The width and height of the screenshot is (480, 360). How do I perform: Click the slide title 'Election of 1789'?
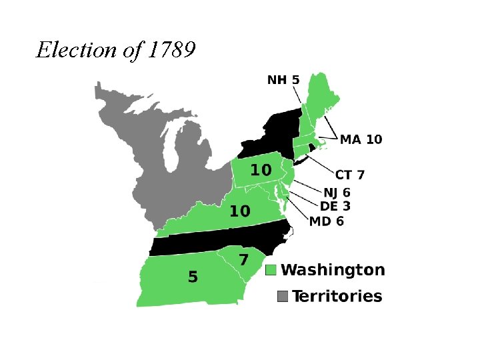point(115,50)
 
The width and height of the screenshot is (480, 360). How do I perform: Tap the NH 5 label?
point(283,80)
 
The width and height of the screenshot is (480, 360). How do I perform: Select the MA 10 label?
point(361,139)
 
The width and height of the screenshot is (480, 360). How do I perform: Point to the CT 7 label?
point(350,175)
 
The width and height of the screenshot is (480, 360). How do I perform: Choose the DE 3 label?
point(335,207)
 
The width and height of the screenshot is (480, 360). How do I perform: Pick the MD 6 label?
point(327,221)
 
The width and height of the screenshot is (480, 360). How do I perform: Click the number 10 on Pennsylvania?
point(261,171)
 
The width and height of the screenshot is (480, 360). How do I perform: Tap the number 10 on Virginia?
point(240,211)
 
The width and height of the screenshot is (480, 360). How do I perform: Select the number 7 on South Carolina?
point(244,259)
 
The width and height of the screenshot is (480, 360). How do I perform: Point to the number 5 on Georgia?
point(193,277)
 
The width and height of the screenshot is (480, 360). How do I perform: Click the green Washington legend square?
point(271,270)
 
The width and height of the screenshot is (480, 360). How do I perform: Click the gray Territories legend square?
point(283,296)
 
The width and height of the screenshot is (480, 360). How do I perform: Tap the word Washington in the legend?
point(333,270)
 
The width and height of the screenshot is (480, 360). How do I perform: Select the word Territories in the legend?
point(337,296)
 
